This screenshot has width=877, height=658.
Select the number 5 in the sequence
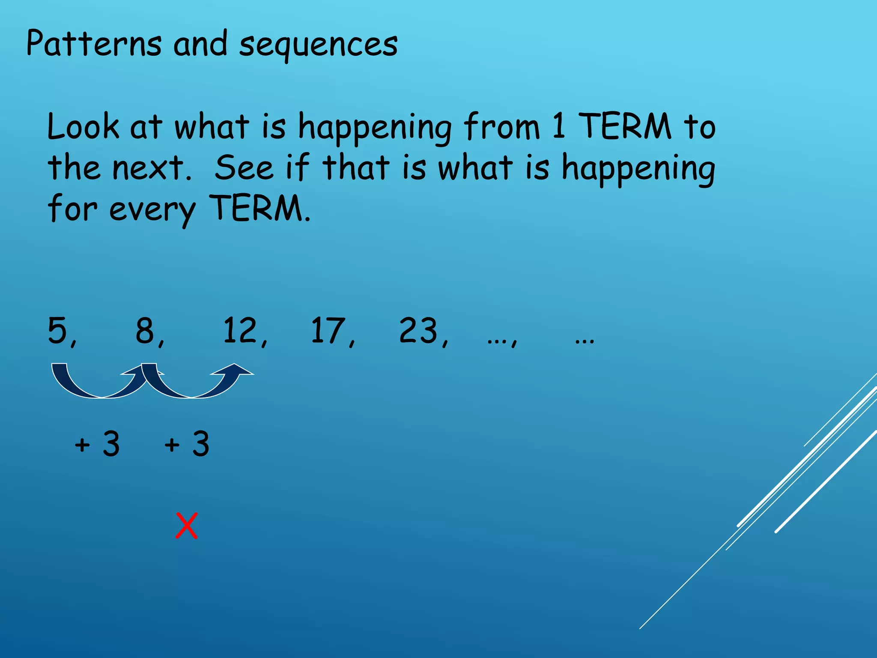(x=58, y=330)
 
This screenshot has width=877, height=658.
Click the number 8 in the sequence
(x=146, y=330)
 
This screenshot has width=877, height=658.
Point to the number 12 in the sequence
(x=240, y=330)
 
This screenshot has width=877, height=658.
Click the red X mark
(x=187, y=526)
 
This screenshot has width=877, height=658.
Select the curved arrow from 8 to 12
(x=193, y=386)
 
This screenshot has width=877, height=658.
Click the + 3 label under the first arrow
(x=97, y=444)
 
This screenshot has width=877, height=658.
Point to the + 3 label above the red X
(x=187, y=444)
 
